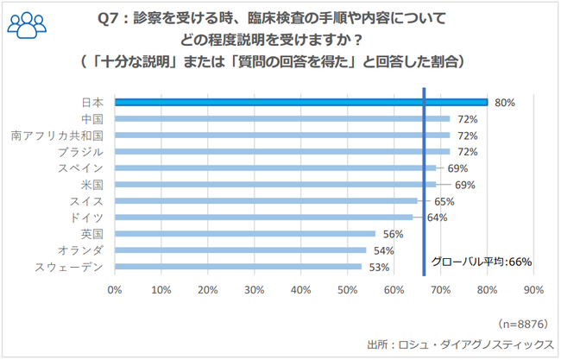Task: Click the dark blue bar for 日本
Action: tap(300, 102)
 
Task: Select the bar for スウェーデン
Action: tap(237, 267)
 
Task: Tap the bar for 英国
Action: tap(244, 234)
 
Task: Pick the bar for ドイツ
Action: tap(263, 218)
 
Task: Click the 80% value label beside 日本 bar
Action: tap(505, 103)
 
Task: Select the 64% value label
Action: tap(437, 218)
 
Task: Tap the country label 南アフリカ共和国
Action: tap(57, 136)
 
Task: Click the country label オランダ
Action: tap(83, 250)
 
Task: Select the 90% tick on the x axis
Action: tap(533, 291)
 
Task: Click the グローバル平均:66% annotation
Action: tap(482, 261)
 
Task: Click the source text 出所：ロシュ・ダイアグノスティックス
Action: tap(459, 343)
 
